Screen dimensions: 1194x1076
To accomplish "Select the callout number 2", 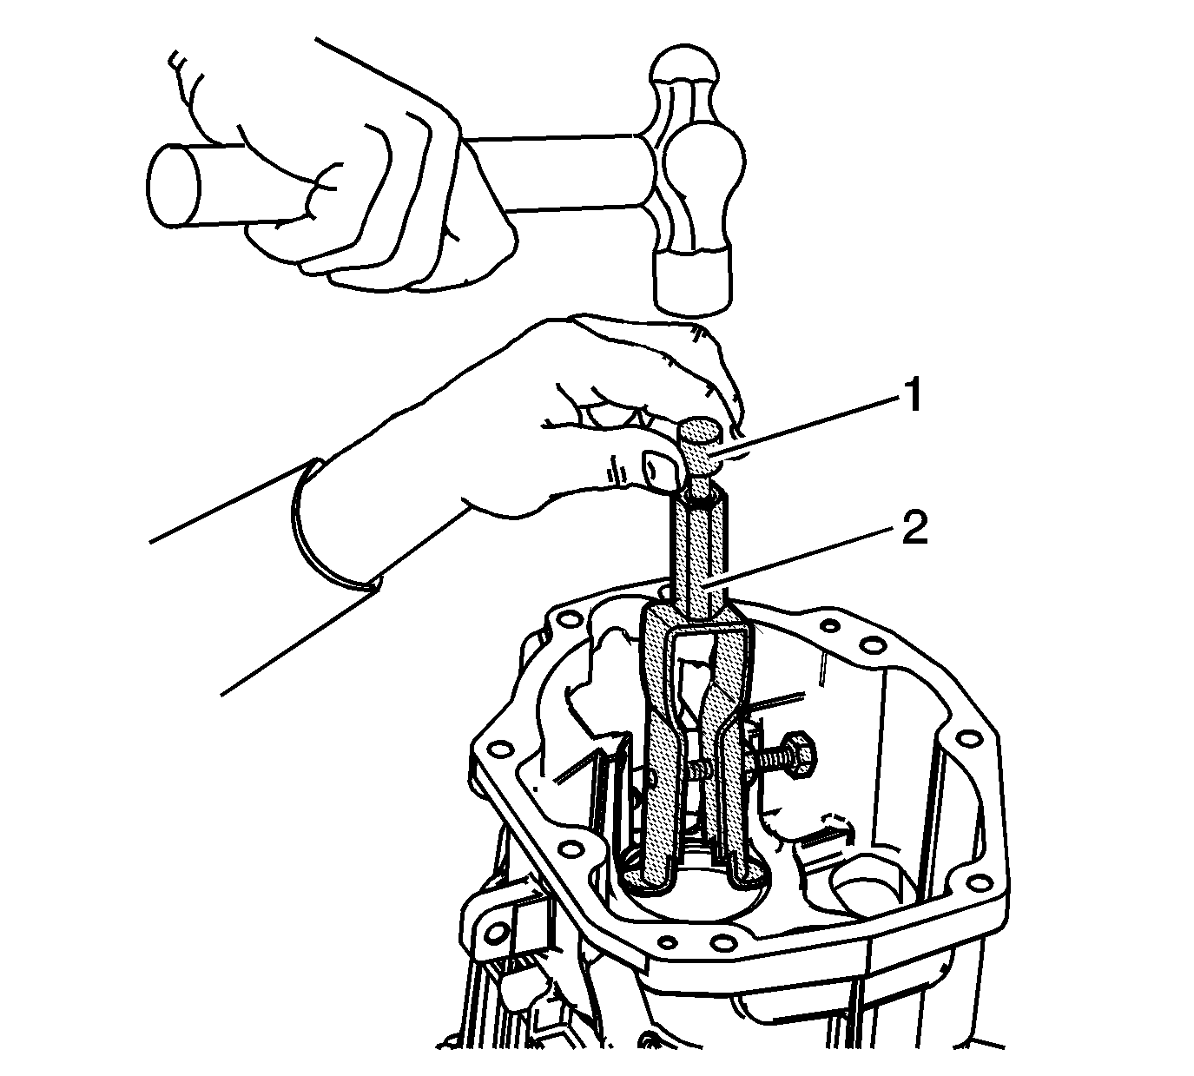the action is (x=914, y=528).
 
